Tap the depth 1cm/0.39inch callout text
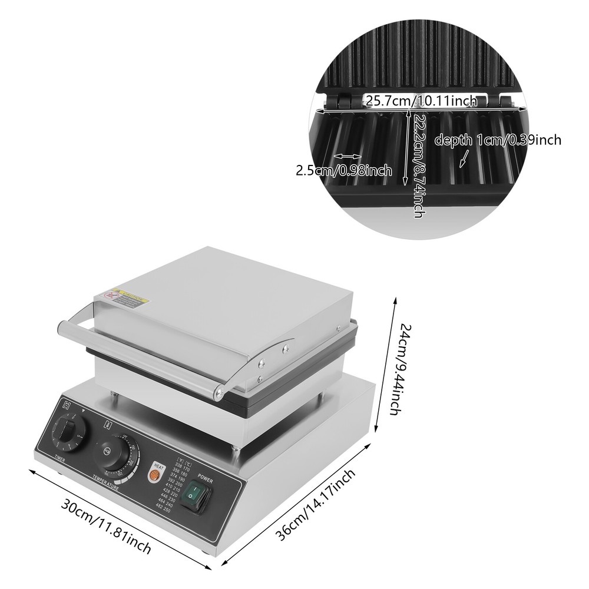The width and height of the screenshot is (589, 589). (x=497, y=140)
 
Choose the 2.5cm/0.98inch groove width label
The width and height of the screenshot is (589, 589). (x=343, y=171)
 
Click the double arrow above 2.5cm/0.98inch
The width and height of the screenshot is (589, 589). (x=348, y=157)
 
